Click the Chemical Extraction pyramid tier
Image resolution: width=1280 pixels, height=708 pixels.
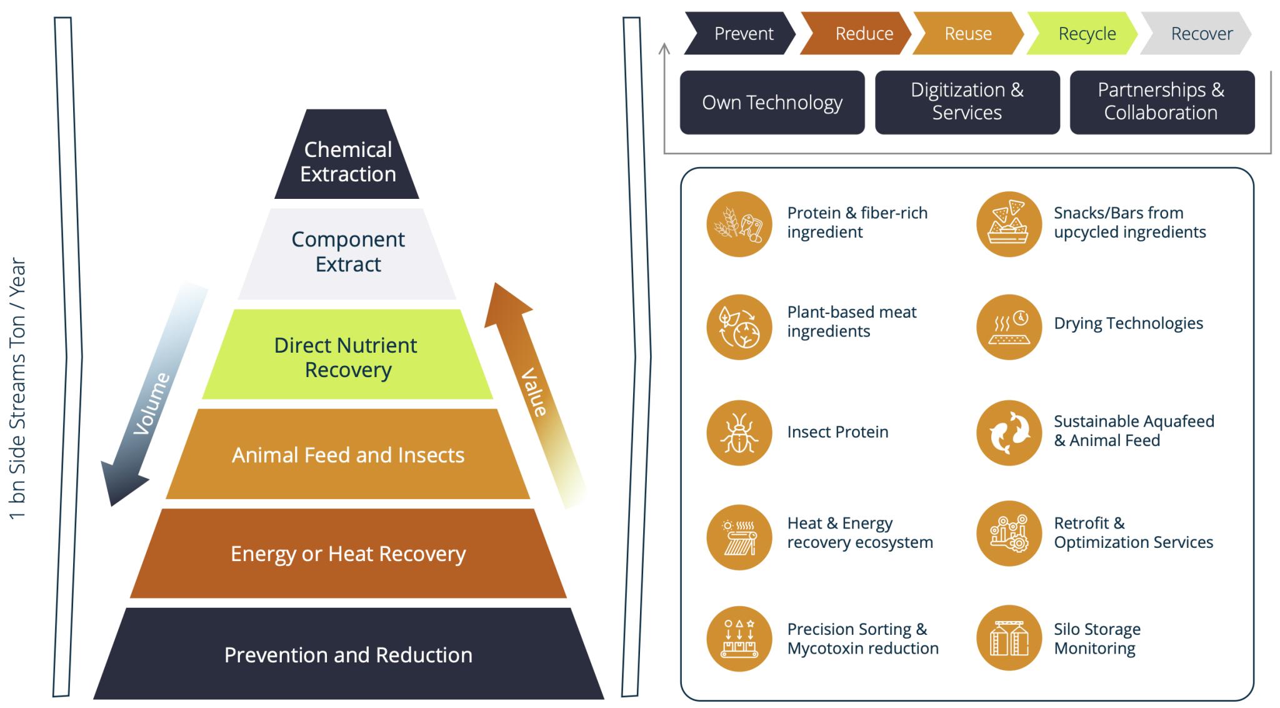point(347,161)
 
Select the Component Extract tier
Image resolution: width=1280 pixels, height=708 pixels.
point(347,251)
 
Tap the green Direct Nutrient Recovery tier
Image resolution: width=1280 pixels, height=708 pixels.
point(347,357)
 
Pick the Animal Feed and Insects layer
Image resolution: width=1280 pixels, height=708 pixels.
point(347,455)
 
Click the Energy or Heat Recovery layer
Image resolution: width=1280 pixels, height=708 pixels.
point(347,554)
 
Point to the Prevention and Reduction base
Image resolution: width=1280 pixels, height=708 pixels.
point(347,654)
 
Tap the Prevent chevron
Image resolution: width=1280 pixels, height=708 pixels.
point(741,34)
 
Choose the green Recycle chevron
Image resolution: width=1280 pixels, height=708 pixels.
point(1084,34)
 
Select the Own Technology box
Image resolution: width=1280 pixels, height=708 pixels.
point(772,103)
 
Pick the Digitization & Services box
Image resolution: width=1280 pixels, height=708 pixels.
point(967,103)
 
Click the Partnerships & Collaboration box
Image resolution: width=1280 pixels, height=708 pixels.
point(1161,103)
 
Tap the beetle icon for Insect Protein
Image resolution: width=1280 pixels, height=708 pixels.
point(739,433)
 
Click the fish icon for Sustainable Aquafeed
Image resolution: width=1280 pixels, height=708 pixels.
point(1009,433)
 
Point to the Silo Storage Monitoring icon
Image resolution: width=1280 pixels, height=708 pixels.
point(1009,638)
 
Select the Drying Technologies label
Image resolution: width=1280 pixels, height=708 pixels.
point(1128,323)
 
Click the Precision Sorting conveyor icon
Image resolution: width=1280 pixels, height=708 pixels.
point(739,639)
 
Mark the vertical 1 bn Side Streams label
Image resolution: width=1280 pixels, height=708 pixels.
point(17,388)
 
